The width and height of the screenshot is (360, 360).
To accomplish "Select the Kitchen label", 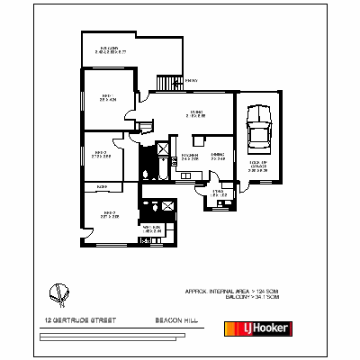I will click(x=190, y=156).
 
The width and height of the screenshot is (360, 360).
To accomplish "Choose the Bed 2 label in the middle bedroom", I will click(x=99, y=154).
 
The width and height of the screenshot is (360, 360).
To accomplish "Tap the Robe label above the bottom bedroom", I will click(x=101, y=186).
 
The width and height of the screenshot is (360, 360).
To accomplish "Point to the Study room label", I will click(x=218, y=192).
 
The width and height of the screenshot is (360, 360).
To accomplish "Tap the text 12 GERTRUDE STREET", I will click(x=76, y=318).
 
